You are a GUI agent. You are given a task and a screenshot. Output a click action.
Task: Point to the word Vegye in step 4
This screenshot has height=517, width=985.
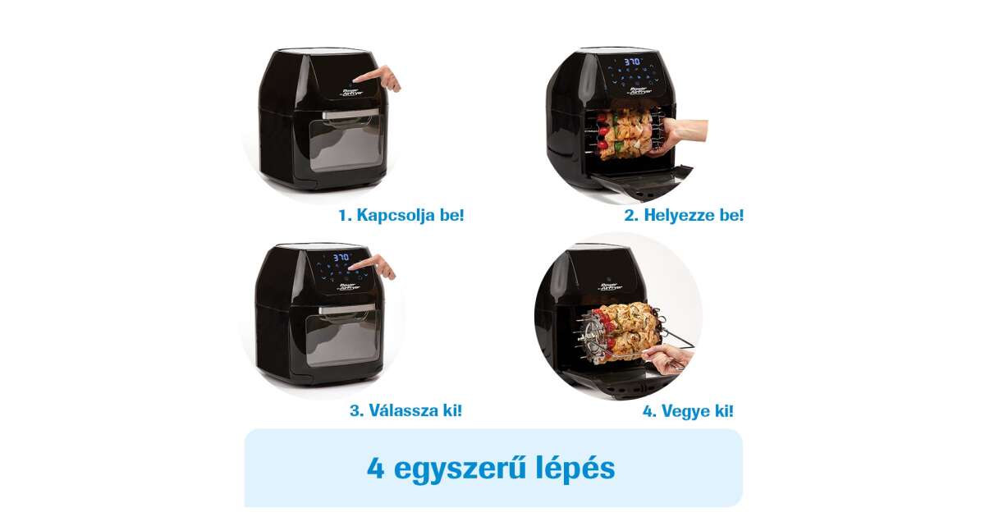(685, 411)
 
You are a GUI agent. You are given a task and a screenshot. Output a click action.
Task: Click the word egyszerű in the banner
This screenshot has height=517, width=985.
(460, 469)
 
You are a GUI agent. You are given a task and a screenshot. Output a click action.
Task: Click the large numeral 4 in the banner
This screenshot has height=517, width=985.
(375, 468)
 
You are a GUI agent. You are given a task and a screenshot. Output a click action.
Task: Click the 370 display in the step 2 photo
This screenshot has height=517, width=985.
(632, 62)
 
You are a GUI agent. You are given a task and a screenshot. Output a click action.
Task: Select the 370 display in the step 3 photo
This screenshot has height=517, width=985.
(341, 257)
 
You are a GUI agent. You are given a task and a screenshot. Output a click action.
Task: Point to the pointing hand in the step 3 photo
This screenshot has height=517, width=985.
(374, 267)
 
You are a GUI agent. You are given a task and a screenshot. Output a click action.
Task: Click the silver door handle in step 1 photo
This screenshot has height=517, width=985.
(350, 114)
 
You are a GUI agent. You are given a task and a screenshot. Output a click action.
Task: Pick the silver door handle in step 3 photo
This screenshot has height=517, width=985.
(347, 309)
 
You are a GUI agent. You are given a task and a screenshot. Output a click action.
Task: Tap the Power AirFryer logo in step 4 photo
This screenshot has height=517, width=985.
(612, 286)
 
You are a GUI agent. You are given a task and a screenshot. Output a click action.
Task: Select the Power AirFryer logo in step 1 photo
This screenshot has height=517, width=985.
(352, 92)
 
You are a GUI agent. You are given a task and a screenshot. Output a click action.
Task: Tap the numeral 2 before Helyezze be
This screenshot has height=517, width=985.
(630, 215)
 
